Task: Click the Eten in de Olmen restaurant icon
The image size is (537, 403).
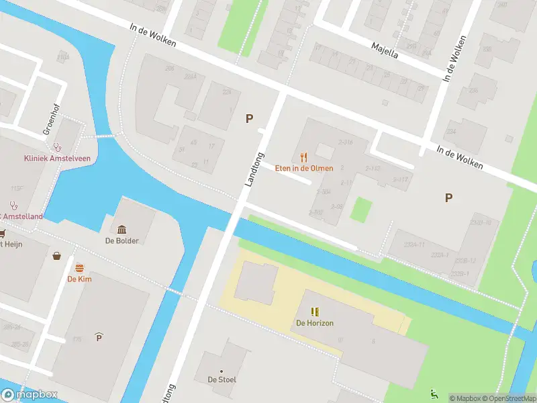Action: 304,157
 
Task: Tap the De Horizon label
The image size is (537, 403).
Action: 315,323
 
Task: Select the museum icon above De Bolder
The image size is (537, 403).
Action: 122,230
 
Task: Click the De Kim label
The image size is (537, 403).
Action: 79,279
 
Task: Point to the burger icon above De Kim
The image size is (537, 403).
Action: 79,268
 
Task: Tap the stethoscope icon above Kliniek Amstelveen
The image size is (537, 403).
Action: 57,146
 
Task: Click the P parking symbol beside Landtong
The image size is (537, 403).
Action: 249,118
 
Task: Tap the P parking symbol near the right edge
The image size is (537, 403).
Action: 448,197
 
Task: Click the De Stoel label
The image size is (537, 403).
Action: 222,379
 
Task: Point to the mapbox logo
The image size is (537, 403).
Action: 30,395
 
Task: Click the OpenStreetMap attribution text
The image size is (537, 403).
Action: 508,398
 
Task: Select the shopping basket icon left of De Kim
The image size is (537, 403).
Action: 57,256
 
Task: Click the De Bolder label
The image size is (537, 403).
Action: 122,240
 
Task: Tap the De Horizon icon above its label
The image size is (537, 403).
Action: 315,312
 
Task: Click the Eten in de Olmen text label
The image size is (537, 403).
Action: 304,168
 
